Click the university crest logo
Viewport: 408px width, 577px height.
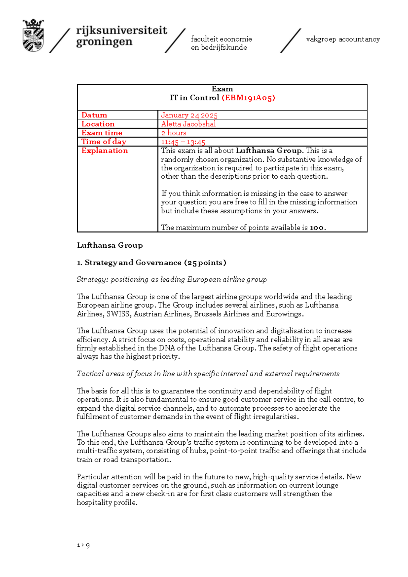[33, 35]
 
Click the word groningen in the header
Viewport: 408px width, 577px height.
[104, 42]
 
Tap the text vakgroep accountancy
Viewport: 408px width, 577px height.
[343, 39]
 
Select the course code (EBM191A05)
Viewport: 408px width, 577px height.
[248, 98]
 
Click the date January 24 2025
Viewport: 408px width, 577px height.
[189, 115]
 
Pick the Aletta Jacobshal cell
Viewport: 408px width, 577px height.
[188, 124]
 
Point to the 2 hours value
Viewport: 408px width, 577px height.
[174, 133]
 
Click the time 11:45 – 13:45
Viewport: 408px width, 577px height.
[183, 142]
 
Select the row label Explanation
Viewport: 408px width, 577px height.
[104, 151]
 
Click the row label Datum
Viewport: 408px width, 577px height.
[94, 115]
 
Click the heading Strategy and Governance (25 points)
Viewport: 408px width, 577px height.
[151, 263]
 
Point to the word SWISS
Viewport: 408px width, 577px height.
[118, 314]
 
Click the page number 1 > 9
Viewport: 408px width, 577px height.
[83, 545]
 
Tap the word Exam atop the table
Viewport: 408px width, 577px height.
[222, 89]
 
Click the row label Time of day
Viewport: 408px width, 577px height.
[104, 142]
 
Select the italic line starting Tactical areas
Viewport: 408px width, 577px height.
[208, 374]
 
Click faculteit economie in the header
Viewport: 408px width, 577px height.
[221, 39]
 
